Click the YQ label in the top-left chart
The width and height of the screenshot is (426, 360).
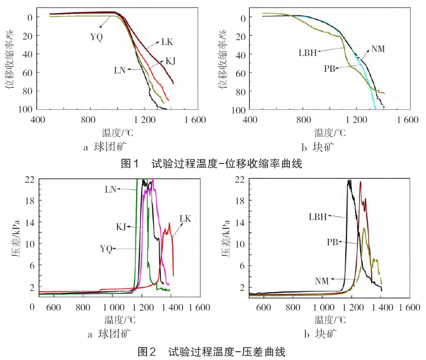(97, 37)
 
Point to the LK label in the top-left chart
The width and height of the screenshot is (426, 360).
(167, 41)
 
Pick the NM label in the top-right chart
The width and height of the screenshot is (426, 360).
(378, 48)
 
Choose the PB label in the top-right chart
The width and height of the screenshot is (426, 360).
(329, 69)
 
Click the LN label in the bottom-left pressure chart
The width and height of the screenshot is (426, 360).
(111, 189)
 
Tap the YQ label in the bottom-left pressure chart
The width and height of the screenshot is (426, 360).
(107, 249)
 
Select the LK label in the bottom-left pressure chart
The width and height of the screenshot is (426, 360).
(185, 218)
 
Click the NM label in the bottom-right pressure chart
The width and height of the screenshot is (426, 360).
(322, 281)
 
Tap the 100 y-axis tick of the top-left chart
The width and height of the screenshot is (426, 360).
(24, 109)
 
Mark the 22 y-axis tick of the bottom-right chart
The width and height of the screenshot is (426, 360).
(240, 179)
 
